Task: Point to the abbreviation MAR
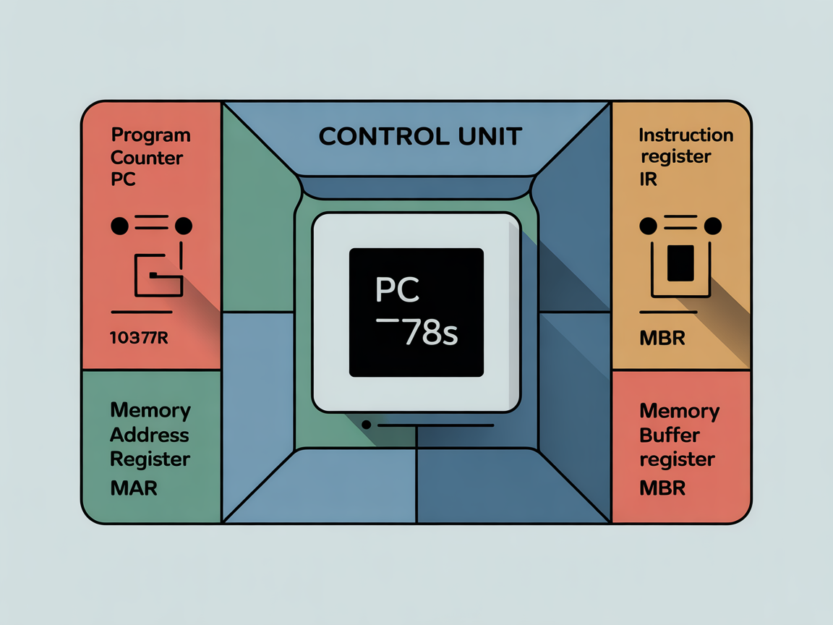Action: [134, 488]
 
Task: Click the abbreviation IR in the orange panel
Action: [648, 179]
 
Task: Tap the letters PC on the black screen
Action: [398, 289]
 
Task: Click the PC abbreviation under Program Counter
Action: [123, 179]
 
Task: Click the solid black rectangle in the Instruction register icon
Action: [680, 263]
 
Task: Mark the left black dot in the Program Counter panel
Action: [119, 226]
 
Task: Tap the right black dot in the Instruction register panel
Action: [713, 226]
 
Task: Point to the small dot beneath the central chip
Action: [366, 425]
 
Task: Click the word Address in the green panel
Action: [150, 435]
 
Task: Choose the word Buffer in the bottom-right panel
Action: [670, 435]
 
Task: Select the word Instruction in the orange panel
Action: [686, 135]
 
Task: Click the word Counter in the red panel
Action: [147, 158]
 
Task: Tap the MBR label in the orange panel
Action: [662, 337]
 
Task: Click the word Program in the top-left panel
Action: [151, 135]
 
